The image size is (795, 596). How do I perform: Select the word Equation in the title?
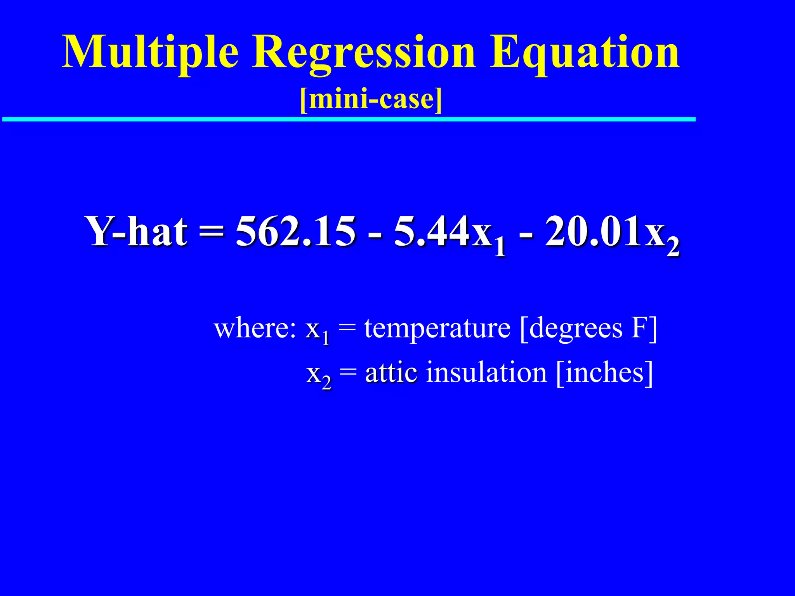point(584,52)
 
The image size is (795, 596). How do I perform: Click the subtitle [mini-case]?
point(371,99)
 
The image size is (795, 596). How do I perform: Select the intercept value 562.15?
point(295,232)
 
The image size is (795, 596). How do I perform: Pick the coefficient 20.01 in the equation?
point(592,232)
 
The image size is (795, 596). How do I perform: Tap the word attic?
point(391,372)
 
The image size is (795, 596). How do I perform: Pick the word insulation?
point(486,372)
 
